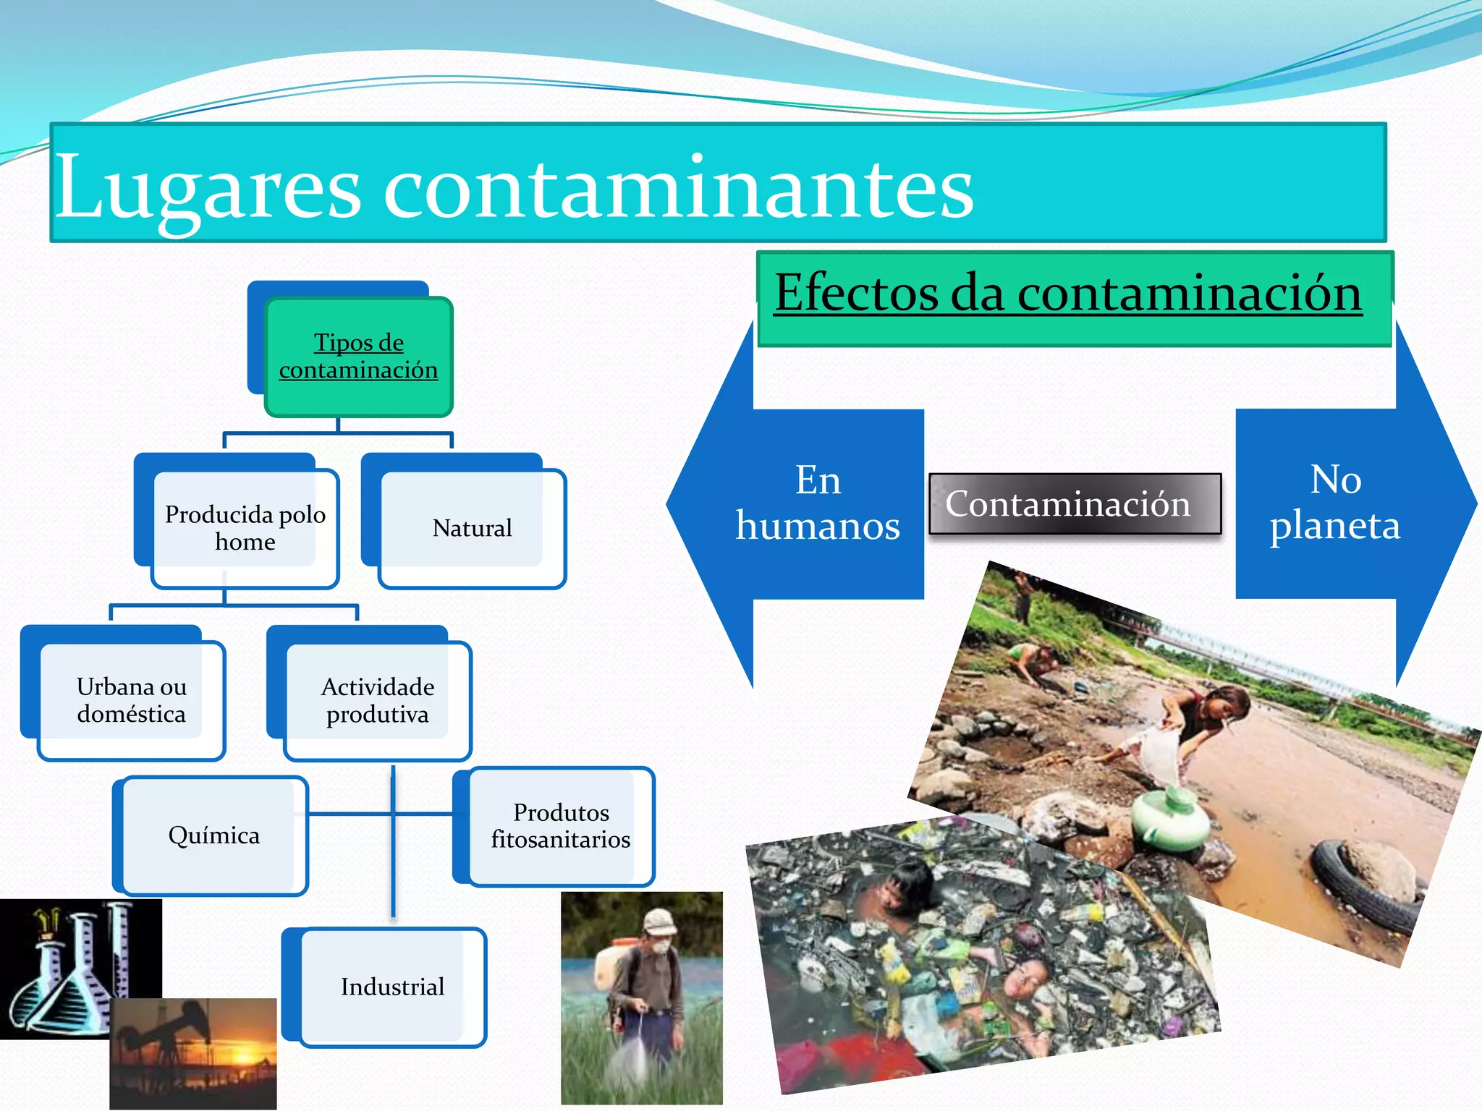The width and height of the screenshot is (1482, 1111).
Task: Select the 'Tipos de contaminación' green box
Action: [x=359, y=357]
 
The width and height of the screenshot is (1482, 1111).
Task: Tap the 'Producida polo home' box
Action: [x=245, y=528]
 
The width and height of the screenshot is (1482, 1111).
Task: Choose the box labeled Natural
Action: [x=472, y=528]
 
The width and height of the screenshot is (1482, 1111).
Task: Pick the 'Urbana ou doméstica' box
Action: [x=132, y=700]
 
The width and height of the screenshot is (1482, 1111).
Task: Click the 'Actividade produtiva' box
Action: [x=378, y=700]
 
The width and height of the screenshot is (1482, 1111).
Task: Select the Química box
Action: [x=214, y=835]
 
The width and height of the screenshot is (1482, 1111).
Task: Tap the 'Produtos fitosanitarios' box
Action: [x=561, y=826]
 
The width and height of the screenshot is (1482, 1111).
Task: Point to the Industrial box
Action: [x=393, y=987]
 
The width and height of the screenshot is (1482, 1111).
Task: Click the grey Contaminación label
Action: [x=1068, y=503]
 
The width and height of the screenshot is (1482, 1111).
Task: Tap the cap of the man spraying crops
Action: [x=659, y=921]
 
